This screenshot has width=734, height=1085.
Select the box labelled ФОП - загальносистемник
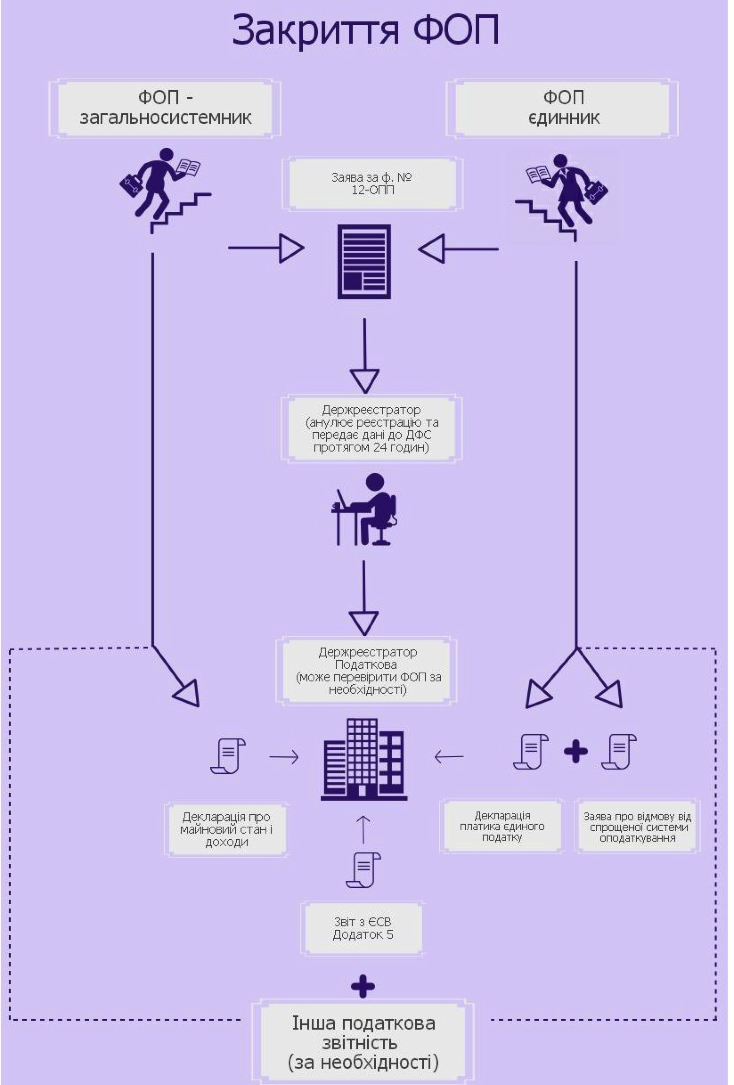[165, 108]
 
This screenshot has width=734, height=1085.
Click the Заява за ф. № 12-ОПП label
[372, 184]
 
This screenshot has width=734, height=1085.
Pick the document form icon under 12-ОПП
[364, 262]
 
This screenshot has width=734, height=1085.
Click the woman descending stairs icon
[563, 196]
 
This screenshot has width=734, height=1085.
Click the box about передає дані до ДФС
[372, 429]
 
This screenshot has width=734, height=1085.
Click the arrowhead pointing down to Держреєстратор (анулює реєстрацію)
[365, 380]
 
